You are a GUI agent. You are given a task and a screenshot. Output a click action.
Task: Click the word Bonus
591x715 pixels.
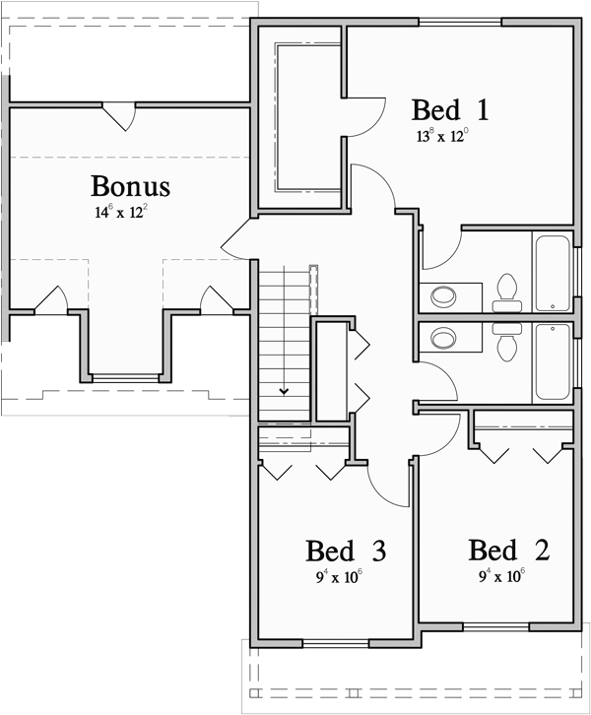[130, 185]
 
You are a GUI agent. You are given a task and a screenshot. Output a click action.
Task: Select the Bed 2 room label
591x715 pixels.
[508, 551]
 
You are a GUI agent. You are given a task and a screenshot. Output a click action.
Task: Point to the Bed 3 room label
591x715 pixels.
[345, 551]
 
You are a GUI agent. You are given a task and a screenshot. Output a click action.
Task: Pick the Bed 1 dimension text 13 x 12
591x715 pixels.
[441, 135]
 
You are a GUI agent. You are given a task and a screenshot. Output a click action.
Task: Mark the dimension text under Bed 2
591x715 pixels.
[501, 576]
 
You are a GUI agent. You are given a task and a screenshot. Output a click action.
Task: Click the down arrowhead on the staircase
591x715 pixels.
[285, 391]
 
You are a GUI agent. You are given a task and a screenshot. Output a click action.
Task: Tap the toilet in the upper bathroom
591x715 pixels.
[507, 288]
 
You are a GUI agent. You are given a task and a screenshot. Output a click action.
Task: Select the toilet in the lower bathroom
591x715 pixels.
[507, 340]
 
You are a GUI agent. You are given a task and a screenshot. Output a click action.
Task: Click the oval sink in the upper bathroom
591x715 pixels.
[444, 294]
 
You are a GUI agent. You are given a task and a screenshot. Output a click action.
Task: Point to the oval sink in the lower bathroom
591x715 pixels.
[444, 339]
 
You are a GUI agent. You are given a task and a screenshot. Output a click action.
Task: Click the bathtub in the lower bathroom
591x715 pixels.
[552, 361]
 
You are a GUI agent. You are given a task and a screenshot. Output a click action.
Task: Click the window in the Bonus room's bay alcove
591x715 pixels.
[124, 377]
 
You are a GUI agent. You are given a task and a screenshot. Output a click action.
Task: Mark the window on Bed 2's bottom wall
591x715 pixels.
[495, 625]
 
